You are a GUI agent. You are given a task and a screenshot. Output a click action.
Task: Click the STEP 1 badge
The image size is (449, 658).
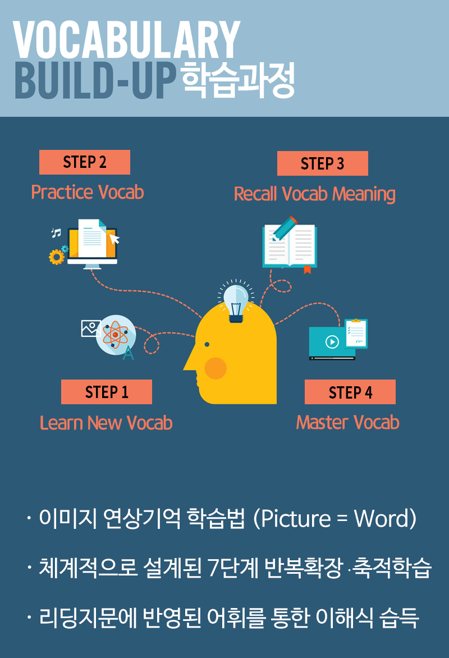click(107, 392)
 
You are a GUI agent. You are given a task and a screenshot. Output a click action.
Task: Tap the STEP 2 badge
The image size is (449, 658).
click(85, 162)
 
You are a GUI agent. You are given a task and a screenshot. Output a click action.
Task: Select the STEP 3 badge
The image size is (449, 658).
click(323, 163)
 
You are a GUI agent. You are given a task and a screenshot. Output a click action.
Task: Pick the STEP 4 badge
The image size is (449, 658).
click(350, 392)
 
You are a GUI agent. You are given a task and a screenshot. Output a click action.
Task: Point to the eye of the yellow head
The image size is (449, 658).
click(207, 345)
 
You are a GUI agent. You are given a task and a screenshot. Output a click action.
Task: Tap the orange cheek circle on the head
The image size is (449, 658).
click(216, 368)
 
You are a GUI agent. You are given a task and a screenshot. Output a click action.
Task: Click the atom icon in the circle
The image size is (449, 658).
click(115, 335)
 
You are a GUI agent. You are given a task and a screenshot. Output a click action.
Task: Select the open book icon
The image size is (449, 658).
click(290, 246)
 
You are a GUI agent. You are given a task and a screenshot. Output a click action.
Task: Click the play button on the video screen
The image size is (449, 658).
click(332, 342)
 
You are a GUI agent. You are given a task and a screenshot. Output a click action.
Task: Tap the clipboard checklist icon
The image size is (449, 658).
click(356, 333)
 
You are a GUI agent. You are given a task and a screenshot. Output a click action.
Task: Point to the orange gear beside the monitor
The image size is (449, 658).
click(57, 257)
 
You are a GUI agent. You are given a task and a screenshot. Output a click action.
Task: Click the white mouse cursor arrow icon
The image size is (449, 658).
click(114, 239)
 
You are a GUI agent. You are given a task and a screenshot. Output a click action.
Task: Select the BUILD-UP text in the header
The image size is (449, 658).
click(95, 80)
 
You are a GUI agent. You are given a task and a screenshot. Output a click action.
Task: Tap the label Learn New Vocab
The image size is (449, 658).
click(106, 423)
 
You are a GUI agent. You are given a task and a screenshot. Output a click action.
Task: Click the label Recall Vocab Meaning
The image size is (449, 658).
click(315, 194)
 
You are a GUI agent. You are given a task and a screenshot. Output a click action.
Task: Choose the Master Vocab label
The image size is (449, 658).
click(348, 422)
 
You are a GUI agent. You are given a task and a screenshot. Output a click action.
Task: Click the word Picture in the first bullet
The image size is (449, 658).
click(296, 519)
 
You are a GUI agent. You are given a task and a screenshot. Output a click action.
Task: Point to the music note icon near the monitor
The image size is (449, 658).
click(56, 232)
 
